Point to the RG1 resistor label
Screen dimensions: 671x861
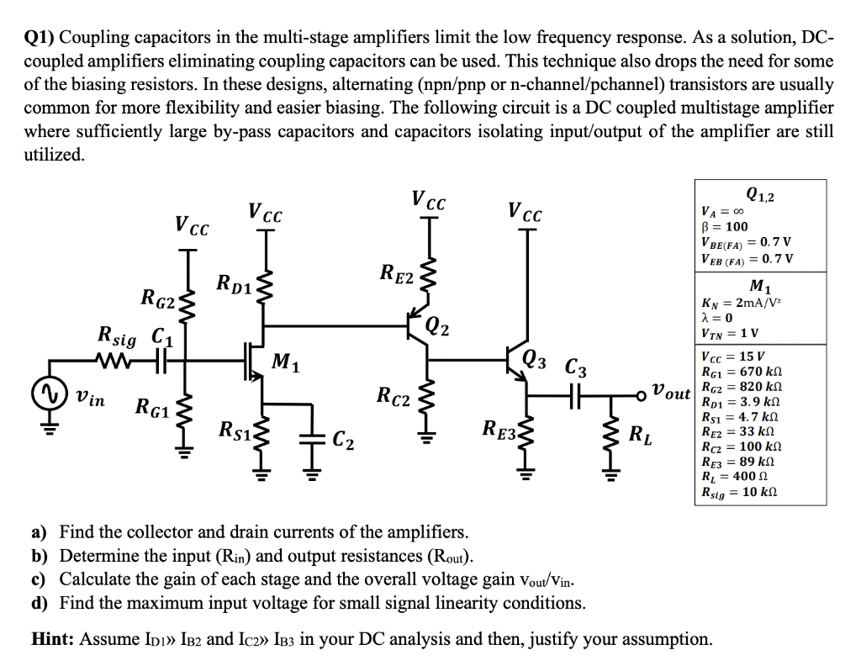tap(154, 409)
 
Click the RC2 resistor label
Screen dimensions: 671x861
tap(394, 395)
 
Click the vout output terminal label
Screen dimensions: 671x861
tap(672, 392)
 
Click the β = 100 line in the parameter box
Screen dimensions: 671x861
tap(724, 227)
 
